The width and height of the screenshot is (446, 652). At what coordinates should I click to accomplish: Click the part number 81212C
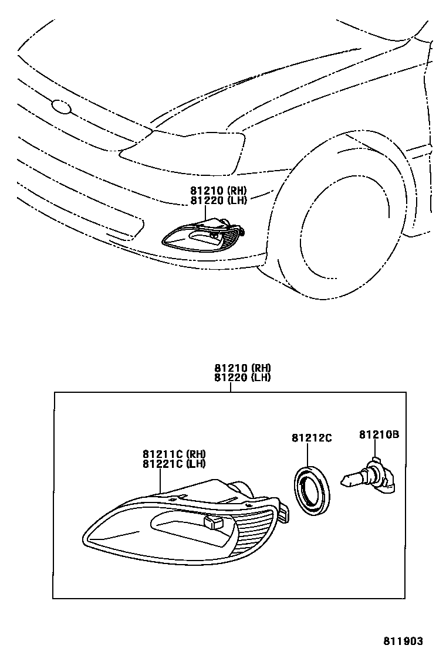point(312,437)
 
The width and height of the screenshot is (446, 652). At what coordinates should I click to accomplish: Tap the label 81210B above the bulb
point(379,434)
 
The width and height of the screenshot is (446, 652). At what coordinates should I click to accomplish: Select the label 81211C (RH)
point(174,454)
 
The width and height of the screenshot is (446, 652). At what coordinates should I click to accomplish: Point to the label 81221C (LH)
point(174,464)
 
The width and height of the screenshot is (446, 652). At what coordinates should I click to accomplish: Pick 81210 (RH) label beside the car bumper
point(218,190)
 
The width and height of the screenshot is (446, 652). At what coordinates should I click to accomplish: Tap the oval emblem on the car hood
point(60,107)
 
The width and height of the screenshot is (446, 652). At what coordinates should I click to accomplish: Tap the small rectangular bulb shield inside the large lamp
point(212,521)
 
